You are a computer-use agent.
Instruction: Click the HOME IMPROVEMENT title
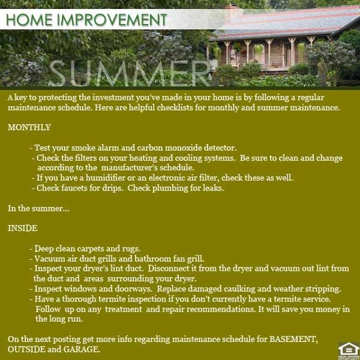tap(87, 20)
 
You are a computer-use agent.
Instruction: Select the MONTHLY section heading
tap(29, 127)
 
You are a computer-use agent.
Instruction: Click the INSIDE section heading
tap(22, 228)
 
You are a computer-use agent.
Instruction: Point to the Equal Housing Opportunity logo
tap(347, 349)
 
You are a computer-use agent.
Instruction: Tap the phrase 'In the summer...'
tap(38, 208)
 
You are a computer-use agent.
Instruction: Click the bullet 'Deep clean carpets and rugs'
tap(87, 249)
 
